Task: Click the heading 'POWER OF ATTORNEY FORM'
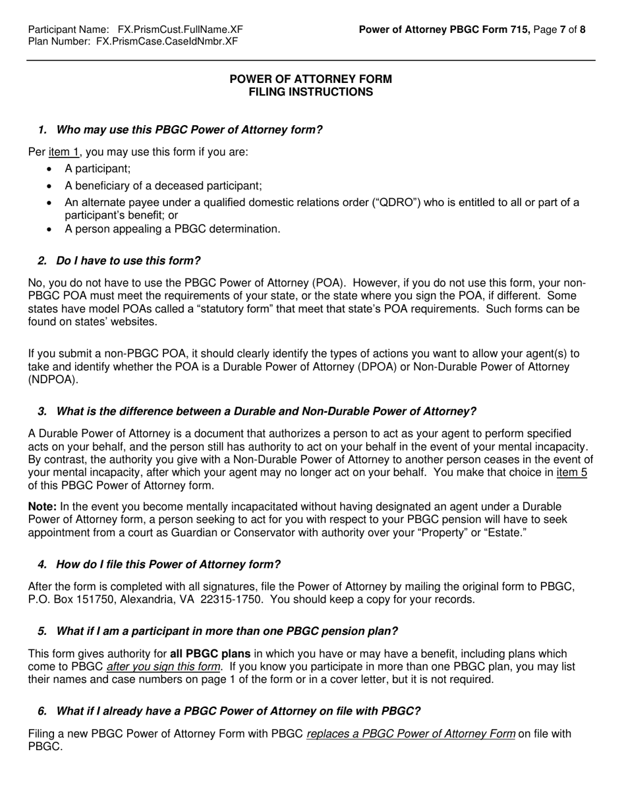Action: coord(310,79)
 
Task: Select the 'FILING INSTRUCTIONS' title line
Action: coord(310,92)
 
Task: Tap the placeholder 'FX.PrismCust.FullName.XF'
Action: coord(180,30)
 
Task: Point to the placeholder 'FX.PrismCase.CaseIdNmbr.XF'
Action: coord(167,41)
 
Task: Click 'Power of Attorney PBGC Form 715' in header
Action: coord(444,30)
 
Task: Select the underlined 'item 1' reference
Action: coord(64,152)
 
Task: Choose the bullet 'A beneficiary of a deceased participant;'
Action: coord(163,186)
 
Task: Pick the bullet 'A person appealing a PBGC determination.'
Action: coord(172,229)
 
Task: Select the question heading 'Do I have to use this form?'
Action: coord(128,261)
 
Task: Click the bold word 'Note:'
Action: coord(43,506)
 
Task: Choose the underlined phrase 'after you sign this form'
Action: coord(163,667)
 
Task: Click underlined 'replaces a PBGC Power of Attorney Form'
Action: coord(411,734)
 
